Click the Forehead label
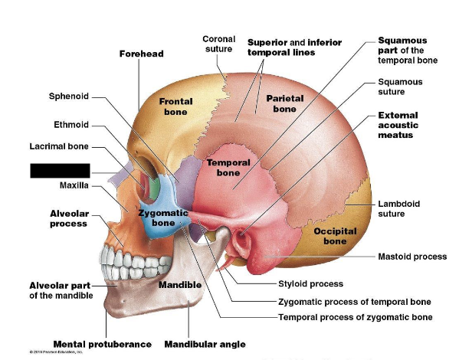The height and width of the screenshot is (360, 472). pos(141,54)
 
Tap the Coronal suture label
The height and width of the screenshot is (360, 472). pos(218,44)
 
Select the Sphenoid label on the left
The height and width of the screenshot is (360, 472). pos(69,97)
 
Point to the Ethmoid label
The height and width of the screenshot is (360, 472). pos(71,125)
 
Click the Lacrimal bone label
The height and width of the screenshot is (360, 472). pos(59,146)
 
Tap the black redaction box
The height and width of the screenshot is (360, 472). pos(61,170)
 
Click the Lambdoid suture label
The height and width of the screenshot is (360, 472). pos(398,208)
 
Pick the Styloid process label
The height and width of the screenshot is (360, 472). pos(310,284)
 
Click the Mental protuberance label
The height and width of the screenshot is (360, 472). pos(102,344)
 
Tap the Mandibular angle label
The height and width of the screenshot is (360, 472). pos(205,344)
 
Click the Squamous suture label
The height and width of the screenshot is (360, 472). pos(399,86)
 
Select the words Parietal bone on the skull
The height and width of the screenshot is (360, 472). pos(285,103)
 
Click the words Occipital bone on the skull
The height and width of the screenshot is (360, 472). pos(334,236)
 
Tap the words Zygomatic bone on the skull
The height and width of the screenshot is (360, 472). pos(163,217)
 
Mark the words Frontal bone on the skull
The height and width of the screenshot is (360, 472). pos(175,106)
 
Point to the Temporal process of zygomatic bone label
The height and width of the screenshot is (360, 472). pos(355,316)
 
